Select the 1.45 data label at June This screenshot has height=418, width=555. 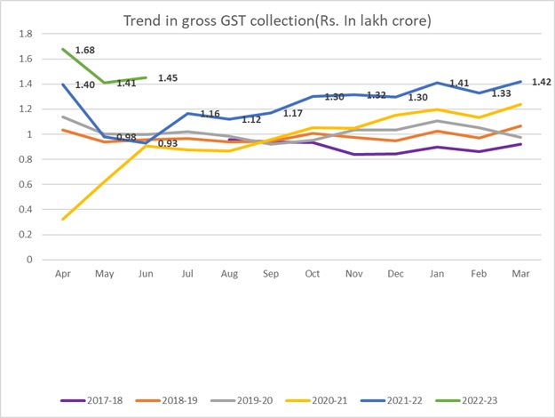[x=169, y=78]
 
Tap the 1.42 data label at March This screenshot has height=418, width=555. [x=542, y=82]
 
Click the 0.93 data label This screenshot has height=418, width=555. [x=167, y=143]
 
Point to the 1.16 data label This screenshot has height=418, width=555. [x=210, y=114]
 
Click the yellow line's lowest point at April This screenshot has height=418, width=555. [x=64, y=219]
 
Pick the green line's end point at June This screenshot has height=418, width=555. [x=147, y=77]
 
